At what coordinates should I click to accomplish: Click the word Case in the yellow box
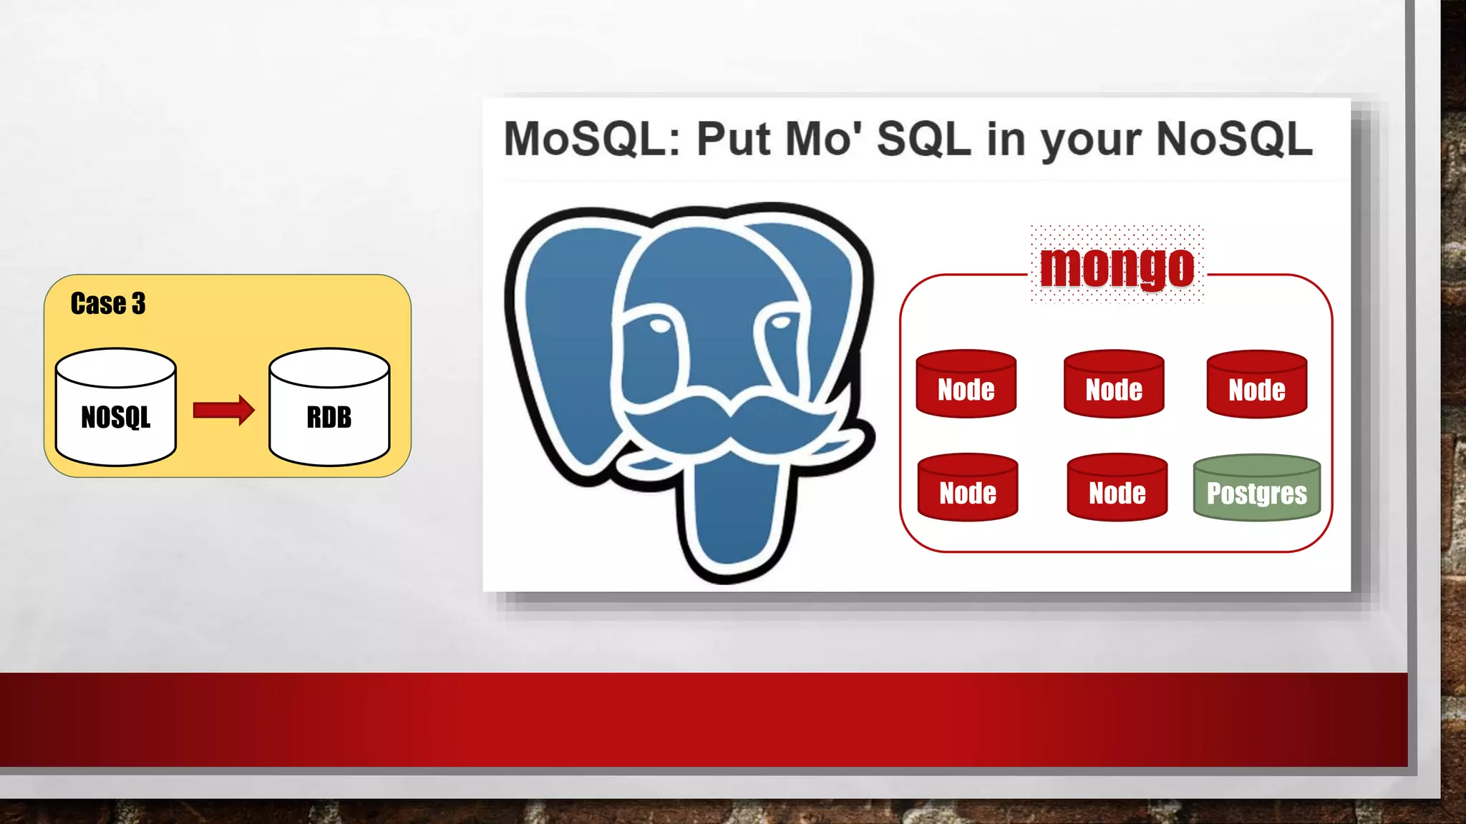click(98, 303)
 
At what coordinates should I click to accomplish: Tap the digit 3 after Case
click(138, 304)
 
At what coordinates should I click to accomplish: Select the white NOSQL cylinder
click(116, 408)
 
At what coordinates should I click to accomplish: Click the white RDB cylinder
click(329, 408)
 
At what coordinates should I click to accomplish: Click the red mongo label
click(1117, 267)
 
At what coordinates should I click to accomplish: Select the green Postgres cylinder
click(1257, 488)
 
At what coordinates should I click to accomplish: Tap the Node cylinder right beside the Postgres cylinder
click(1117, 488)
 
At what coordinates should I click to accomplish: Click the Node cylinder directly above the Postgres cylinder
click(1257, 384)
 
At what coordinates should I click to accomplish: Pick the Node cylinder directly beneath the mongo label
click(1114, 384)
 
